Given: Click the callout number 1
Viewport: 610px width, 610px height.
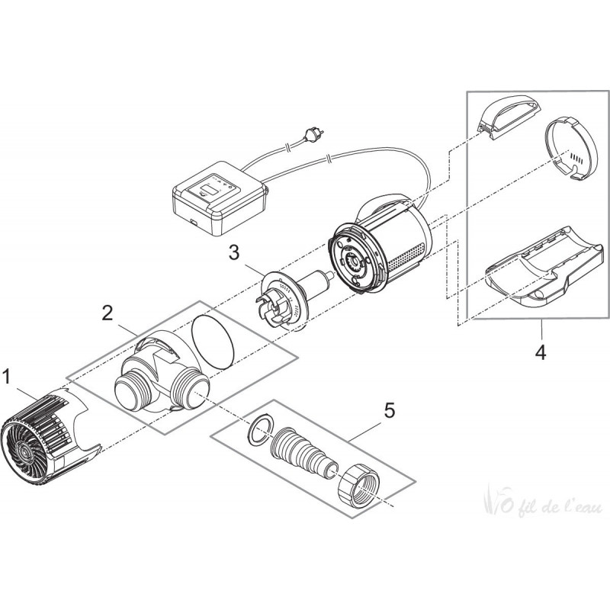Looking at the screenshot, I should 7,376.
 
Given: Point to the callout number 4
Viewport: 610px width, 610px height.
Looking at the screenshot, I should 540,352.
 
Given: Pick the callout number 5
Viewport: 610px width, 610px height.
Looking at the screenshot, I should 390,411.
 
